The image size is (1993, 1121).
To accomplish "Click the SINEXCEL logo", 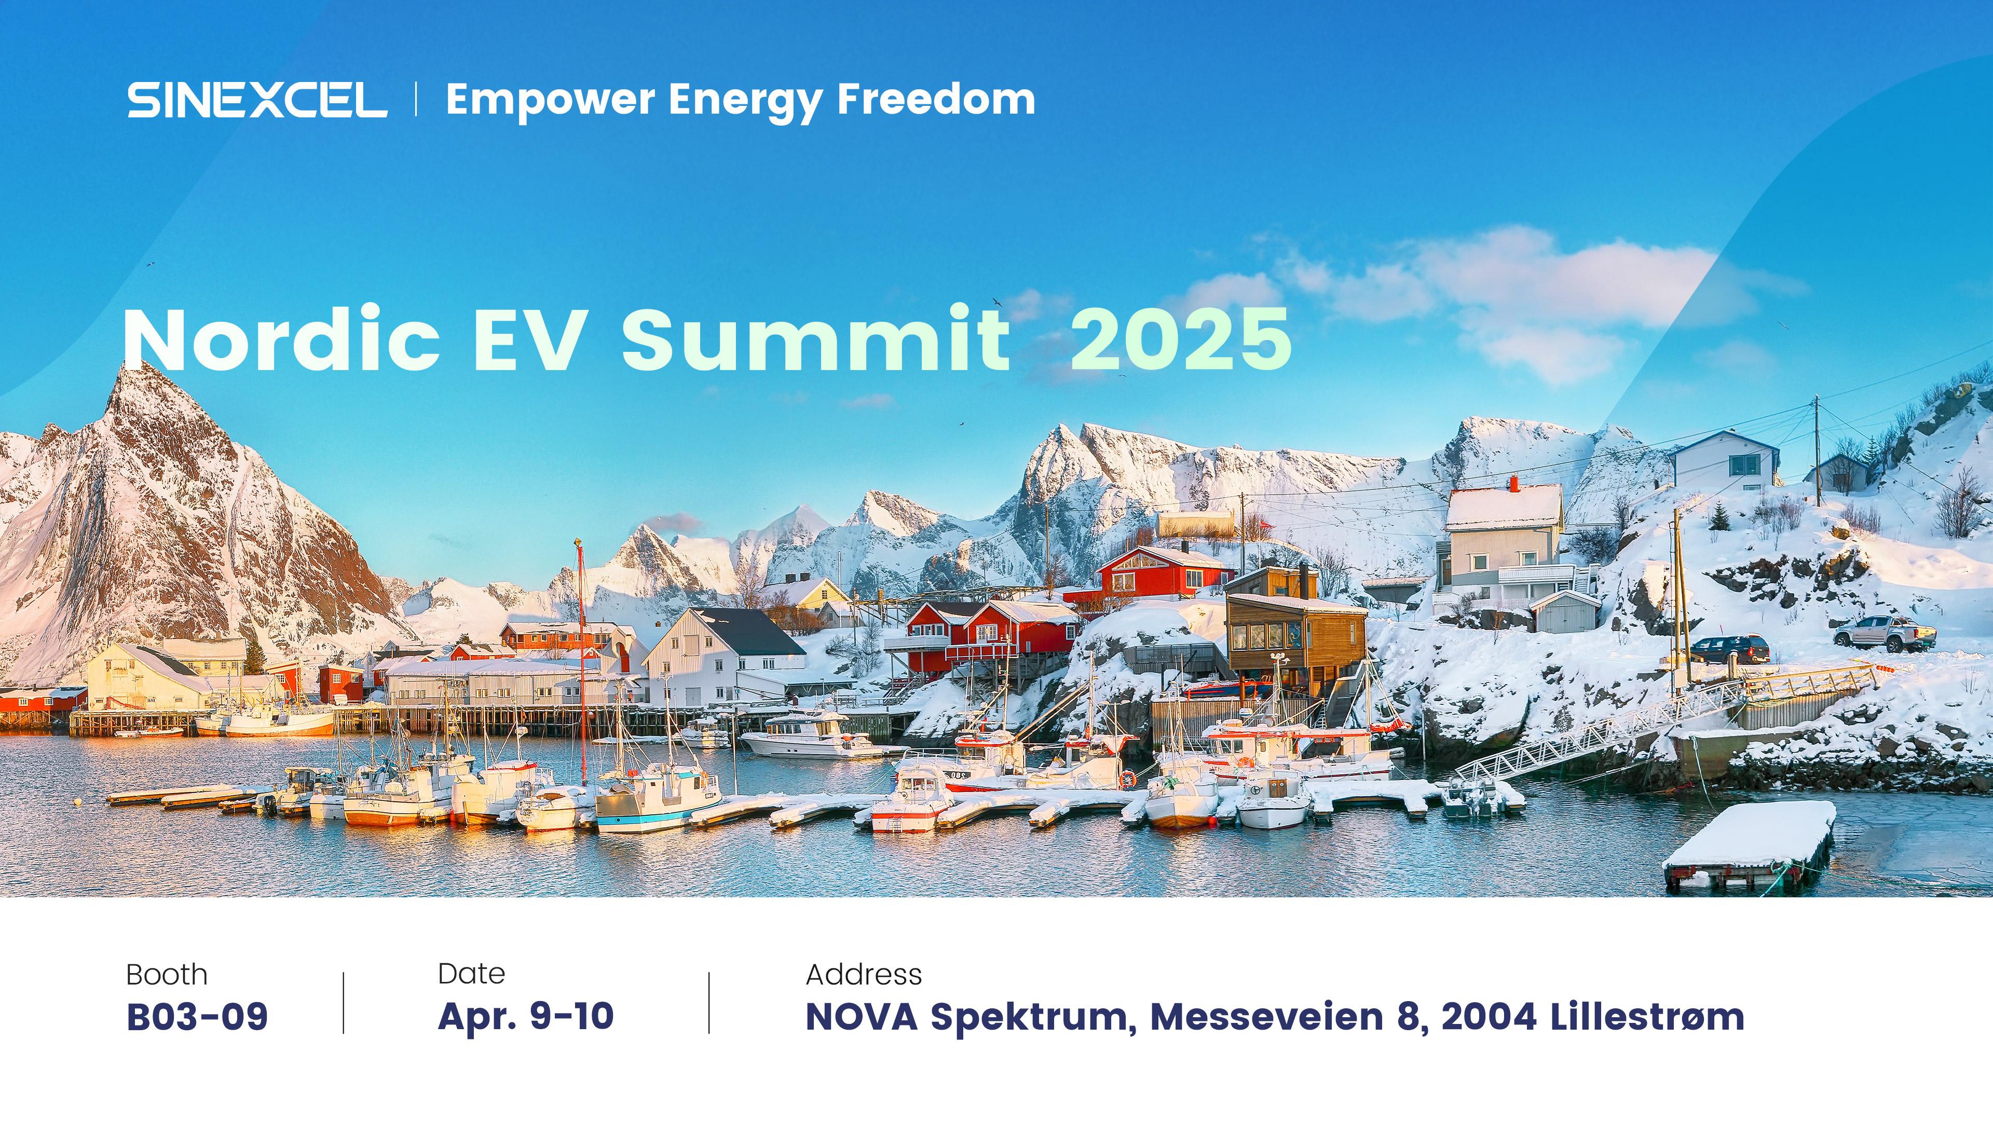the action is pyautogui.click(x=257, y=100).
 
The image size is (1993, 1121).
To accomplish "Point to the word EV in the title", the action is pyautogui.click(x=528, y=339).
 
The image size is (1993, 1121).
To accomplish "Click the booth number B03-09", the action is pyautogui.click(x=197, y=1017).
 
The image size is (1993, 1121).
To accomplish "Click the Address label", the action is pyautogui.click(x=864, y=974).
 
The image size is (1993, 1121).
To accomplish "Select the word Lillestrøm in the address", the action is pyautogui.click(x=1647, y=1017).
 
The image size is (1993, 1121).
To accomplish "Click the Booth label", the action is pyautogui.click(x=167, y=975).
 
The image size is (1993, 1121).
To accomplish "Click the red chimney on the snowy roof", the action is pyautogui.click(x=1514, y=484).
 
